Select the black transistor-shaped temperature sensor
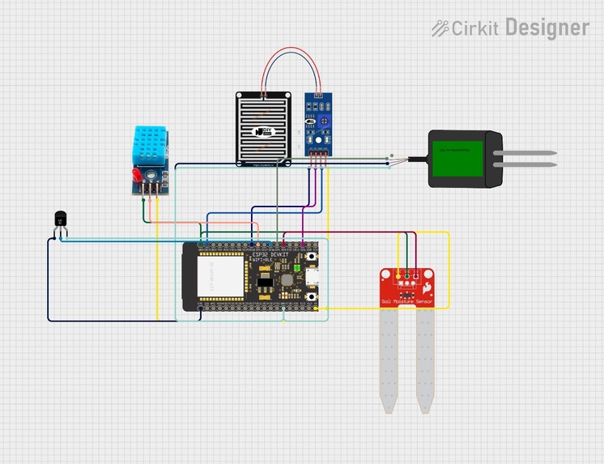pos(60,219)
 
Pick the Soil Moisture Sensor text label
pos(406,301)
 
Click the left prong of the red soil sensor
pos(388,360)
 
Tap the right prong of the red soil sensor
pos(424,360)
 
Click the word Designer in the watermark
pos(547,28)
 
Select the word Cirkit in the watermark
pos(476,28)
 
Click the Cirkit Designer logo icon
pos(440,28)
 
